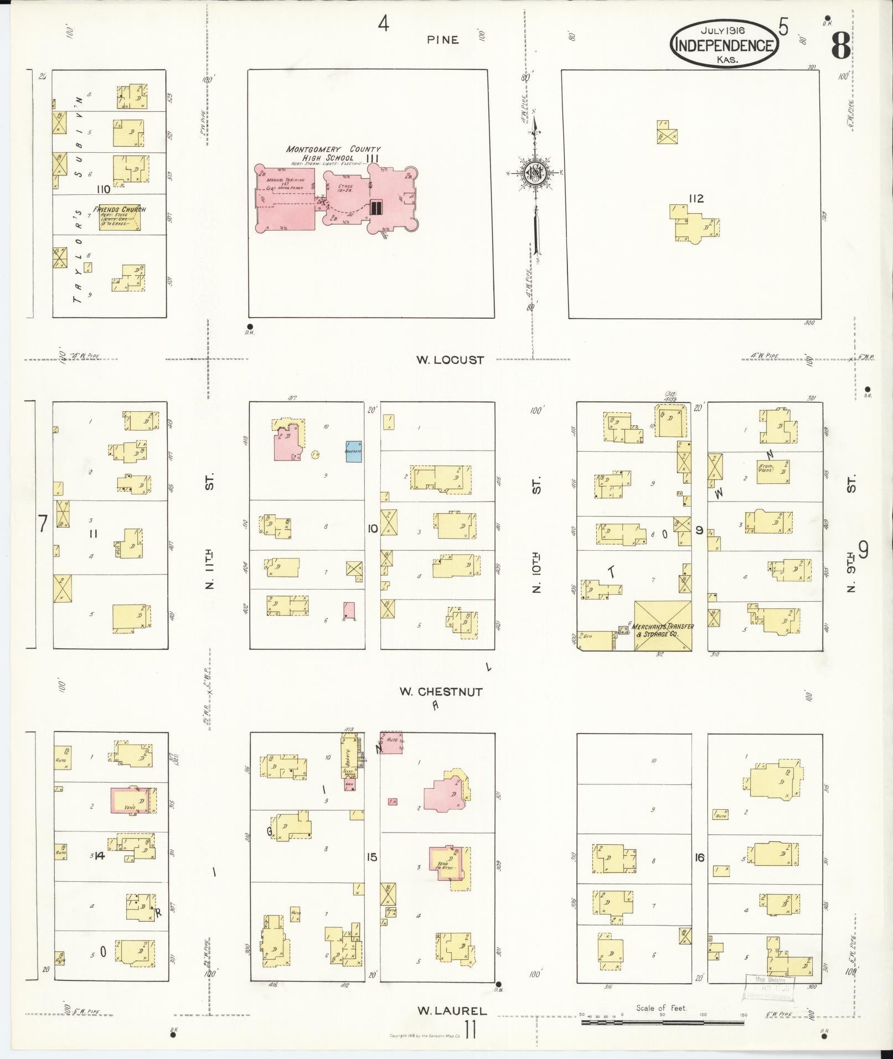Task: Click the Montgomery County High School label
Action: (x=333, y=153)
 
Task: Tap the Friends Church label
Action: (x=120, y=209)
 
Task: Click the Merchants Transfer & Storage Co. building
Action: (x=663, y=626)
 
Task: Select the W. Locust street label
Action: (x=450, y=360)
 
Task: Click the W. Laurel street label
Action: (x=452, y=1011)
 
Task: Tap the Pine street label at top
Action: (x=442, y=39)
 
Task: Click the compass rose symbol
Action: (x=535, y=173)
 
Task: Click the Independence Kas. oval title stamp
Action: (x=724, y=44)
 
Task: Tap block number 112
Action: (x=695, y=199)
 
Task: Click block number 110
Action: (x=102, y=189)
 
